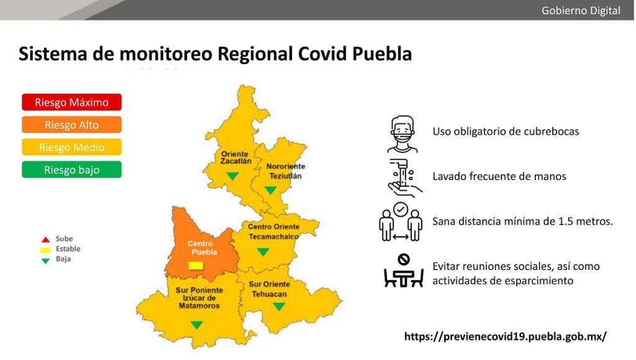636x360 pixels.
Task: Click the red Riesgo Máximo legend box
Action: click(x=71, y=102)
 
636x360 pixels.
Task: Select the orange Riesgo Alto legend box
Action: click(x=71, y=125)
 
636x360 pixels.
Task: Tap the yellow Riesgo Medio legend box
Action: click(x=71, y=147)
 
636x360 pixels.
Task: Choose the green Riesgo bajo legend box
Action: click(x=71, y=169)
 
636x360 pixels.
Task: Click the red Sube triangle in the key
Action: click(x=45, y=240)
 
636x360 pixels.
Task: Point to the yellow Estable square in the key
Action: click(x=45, y=250)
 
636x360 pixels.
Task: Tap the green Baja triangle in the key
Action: click(x=45, y=259)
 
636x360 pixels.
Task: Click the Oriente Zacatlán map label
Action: click(x=235, y=157)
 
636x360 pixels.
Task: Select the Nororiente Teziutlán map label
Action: click(x=285, y=171)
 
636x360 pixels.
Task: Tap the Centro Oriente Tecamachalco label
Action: click(x=273, y=232)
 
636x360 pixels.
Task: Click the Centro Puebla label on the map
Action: click(x=200, y=248)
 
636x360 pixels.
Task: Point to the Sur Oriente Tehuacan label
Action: click(x=270, y=289)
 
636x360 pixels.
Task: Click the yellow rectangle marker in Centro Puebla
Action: click(x=196, y=266)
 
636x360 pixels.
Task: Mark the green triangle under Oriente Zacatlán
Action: click(x=232, y=176)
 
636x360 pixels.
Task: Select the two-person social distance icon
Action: click(x=401, y=222)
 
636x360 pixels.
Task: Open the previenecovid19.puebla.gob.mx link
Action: click(x=505, y=336)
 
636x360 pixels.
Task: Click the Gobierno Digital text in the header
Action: click(x=581, y=11)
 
